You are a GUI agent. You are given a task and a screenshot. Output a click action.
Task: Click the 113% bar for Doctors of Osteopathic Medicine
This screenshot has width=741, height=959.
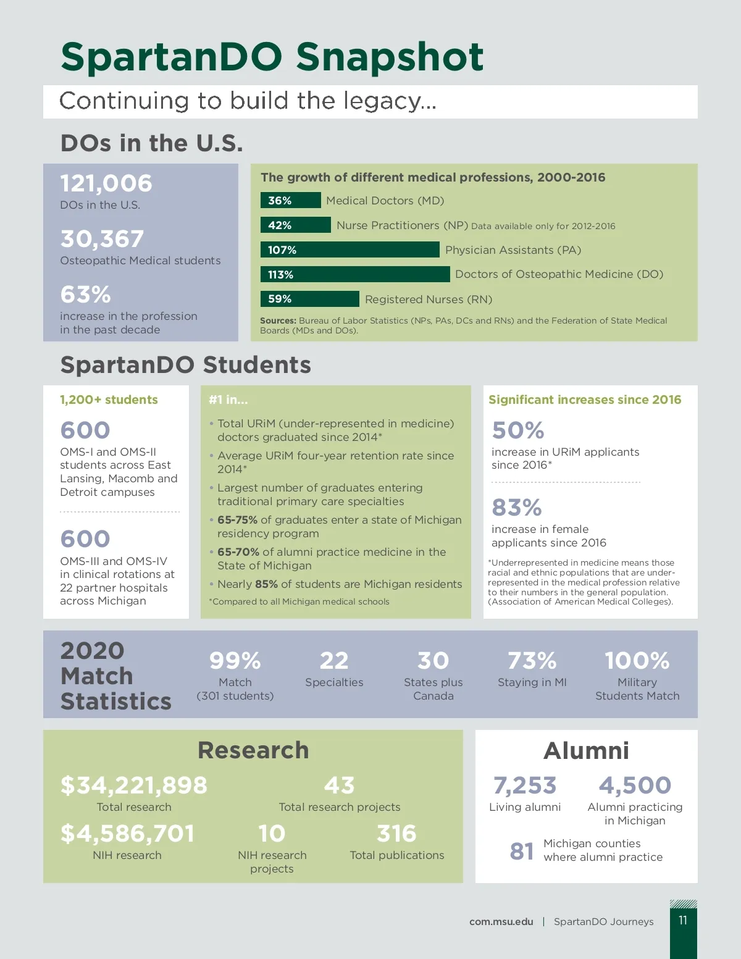[355, 274]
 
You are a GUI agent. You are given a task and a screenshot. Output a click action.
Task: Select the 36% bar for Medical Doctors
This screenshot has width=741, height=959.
[290, 201]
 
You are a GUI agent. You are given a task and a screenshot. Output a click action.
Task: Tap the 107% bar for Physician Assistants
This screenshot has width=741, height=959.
[350, 250]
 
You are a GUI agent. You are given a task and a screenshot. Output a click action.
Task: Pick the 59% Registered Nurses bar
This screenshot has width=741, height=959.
[309, 299]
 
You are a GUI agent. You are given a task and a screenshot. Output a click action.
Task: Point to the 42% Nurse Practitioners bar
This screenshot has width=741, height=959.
[295, 225]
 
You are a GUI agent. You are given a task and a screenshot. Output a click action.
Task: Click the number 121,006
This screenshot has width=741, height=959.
[106, 183]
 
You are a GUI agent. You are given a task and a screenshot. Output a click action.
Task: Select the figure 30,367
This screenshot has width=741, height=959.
[102, 239]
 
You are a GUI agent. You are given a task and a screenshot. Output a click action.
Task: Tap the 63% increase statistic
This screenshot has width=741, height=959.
[85, 295]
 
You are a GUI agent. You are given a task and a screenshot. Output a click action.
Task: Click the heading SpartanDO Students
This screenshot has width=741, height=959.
[185, 365]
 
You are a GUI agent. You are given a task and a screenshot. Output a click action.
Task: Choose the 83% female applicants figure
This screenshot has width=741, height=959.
[517, 508]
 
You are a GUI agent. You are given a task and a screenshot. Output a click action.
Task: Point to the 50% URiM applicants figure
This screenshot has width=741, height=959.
[518, 430]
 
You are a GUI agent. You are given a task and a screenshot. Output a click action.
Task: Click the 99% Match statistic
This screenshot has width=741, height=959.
[235, 661]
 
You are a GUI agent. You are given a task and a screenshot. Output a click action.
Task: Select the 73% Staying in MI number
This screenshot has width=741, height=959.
[532, 661]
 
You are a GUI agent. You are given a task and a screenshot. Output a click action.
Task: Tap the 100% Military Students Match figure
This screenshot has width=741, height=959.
[637, 661]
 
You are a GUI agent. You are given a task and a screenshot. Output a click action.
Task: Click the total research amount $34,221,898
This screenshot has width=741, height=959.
[134, 785]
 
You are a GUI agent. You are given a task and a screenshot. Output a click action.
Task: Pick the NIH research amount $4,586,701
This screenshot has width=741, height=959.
[127, 834]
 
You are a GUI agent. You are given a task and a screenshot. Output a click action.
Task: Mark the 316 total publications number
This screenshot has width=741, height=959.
[396, 834]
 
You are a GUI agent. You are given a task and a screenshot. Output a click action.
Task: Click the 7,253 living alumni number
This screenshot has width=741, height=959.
[525, 785]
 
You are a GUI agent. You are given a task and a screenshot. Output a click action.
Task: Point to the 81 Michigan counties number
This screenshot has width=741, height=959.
[522, 851]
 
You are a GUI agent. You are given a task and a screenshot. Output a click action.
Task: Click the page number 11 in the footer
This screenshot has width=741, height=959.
[683, 921]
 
